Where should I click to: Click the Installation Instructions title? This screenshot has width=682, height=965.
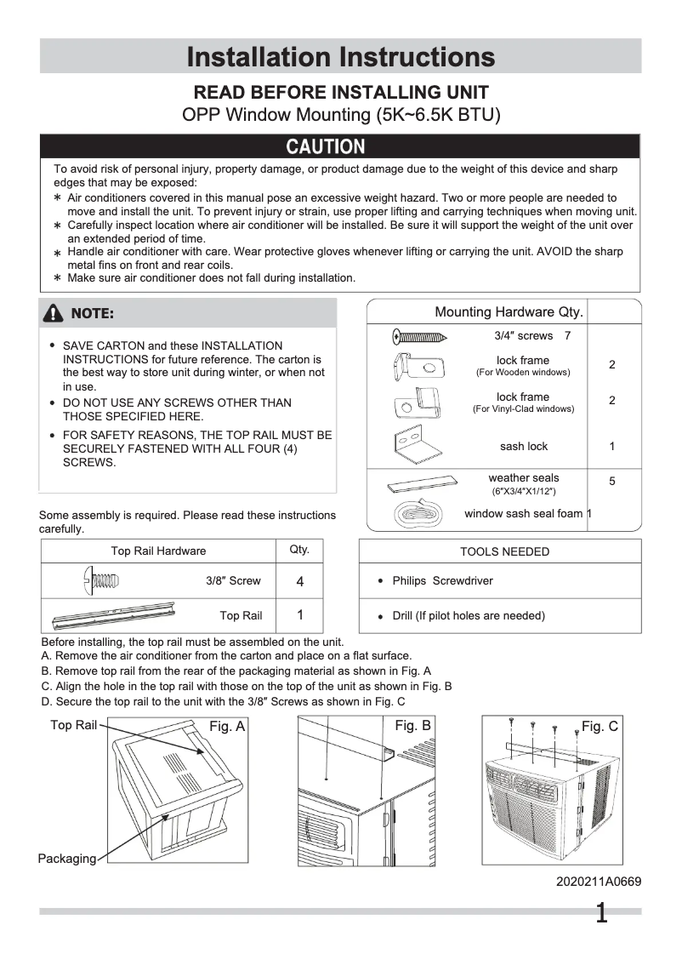coord(340,57)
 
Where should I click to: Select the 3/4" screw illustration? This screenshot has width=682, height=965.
coord(421,336)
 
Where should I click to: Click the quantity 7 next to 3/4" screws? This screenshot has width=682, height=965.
coord(567,336)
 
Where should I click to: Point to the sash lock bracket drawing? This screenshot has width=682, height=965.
coord(417,445)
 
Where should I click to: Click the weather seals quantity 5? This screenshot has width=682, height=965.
coord(612,482)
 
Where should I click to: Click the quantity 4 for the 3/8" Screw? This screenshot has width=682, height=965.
coord(299,582)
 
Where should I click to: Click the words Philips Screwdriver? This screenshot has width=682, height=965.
coord(442,582)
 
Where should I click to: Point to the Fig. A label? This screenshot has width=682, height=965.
coord(227,727)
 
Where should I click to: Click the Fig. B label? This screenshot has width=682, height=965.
coord(413,726)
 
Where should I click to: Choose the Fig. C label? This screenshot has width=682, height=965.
coord(600,727)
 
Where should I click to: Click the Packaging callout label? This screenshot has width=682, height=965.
coord(67,859)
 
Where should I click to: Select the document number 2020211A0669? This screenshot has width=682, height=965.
coord(599,882)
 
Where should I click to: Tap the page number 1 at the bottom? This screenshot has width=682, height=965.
coord(601,915)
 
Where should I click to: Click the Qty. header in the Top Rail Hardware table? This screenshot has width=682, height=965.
coord(299,550)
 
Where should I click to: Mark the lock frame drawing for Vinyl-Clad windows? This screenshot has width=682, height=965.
coord(417,401)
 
